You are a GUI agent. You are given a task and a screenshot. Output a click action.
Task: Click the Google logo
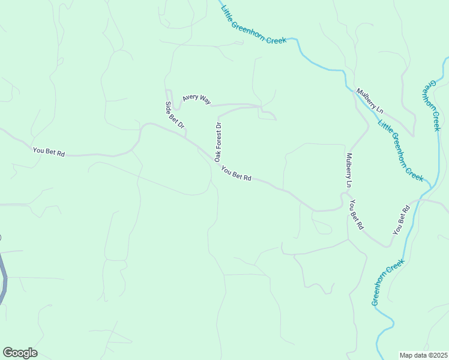20,353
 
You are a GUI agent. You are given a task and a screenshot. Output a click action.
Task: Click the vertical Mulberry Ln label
348,171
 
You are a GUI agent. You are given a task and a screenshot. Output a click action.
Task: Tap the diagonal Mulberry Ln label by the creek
369,100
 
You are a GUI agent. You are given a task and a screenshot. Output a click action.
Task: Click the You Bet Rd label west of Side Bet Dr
49,152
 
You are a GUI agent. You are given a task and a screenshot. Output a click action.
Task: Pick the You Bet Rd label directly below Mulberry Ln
357,215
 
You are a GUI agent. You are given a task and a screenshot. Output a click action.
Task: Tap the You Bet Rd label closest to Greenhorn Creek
401,220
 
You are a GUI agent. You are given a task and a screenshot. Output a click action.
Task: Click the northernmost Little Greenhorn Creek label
253,25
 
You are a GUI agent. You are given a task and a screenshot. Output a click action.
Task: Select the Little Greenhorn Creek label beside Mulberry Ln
400,151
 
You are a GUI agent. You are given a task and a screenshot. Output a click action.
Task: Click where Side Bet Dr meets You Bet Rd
186,137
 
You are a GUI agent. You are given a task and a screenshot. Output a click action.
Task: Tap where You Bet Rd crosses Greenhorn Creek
427,199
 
